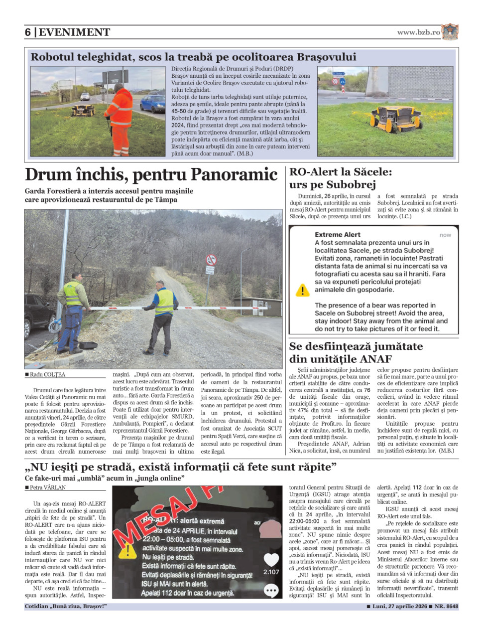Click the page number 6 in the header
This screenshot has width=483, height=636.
tap(28, 32)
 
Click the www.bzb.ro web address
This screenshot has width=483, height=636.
tap(418, 32)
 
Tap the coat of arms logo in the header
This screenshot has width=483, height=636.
tap(450, 32)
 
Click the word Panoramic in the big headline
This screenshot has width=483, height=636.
tap(234, 174)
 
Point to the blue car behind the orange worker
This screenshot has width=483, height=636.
tap(152, 103)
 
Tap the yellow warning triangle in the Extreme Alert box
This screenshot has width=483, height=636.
tap(302, 290)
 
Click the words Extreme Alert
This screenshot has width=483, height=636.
tap(337, 235)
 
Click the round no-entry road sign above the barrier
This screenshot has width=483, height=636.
tap(211, 260)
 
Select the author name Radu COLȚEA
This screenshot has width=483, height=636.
tap(47, 375)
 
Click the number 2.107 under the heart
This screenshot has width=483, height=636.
tap(271, 572)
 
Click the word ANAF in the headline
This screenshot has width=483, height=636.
tap(375, 359)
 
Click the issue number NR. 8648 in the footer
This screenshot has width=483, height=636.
tap(446, 607)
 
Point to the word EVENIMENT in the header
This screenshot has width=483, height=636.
tap(74, 32)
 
